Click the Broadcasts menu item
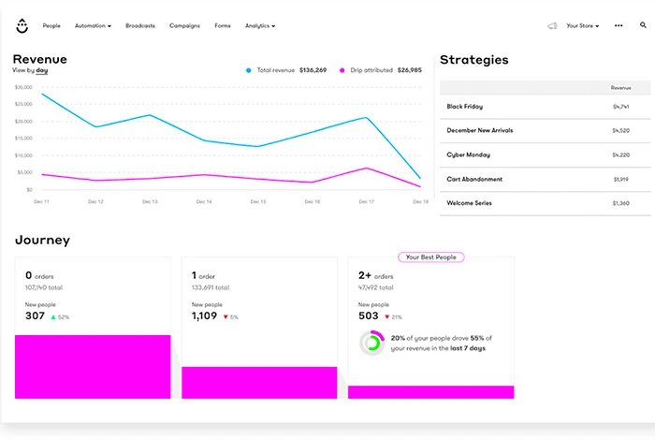click(140, 26)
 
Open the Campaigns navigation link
click(184, 26)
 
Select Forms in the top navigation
click(222, 26)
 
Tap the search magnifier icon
click(643, 26)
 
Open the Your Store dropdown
click(583, 26)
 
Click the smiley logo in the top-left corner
click(22, 26)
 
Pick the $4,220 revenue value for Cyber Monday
click(620, 155)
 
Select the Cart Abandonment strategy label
click(474, 179)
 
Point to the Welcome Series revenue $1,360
click(620, 203)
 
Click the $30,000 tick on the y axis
click(23, 87)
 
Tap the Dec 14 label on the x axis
click(203, 201)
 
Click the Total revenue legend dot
click(248, 70)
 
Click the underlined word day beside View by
click(42, 70)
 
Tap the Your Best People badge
click(430, 257)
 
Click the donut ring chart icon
click(371, 342)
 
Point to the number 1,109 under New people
click(204, 316)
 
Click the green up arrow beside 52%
click(53, 317)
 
